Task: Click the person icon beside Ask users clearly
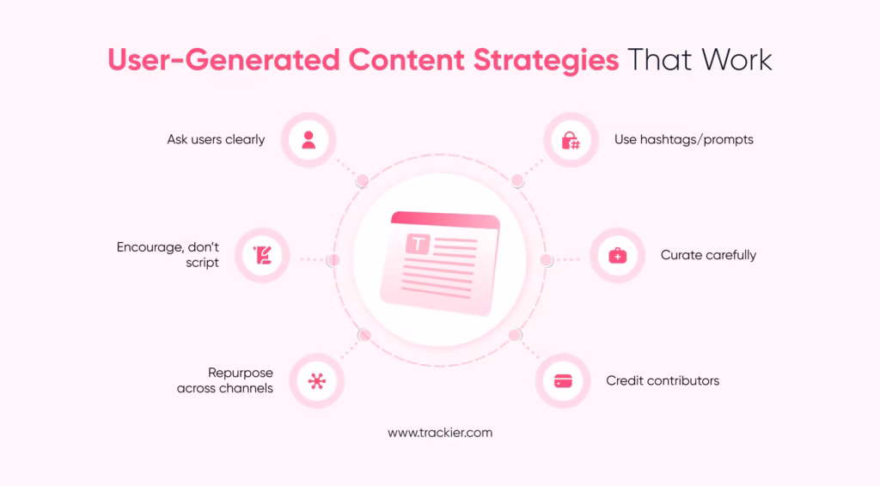click(x=309, y=140)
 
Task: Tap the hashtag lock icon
click(x=570, y=140)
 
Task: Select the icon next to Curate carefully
click(x=617, y=256)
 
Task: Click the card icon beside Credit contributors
click(x=563, y=380)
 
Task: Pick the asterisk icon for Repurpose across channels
click(x=317, y=380)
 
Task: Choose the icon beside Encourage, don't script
click(x=262, y=255)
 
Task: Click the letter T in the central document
click(x=418, y=245)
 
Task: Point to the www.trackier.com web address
click(x=440, y=433)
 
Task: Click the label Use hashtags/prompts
click(x=683, y=139)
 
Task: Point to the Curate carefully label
click(x=708, y=255)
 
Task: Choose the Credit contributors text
click(x=663, y=380)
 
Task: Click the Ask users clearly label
click(x=216, y=139)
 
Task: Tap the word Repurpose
click(x=241, y=373)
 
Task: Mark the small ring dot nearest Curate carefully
click(x=545, y=260)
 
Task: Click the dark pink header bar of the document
click(x=445, y=221)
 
